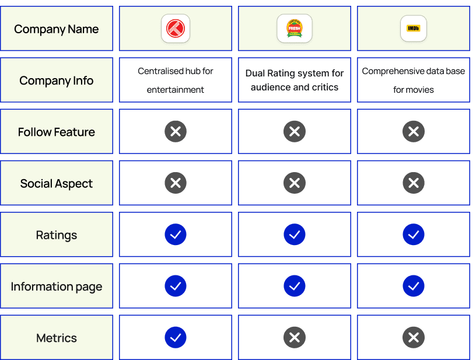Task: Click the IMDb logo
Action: point(413,28)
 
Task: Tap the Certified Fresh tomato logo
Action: point(294,28)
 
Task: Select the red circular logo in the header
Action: point(176,28)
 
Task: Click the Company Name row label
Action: point(57,29)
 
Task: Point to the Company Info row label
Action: point(57,81)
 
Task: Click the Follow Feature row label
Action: point(57,132)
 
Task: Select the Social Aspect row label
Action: point(57,184)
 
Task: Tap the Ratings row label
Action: point(57,235)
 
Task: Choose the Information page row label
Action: point(57,286)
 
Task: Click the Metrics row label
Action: point(57,338)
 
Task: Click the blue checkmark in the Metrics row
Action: point(176,337)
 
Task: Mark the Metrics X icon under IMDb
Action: point(414,337)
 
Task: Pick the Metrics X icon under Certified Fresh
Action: point(295,337)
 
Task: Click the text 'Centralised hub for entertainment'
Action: point(176,80)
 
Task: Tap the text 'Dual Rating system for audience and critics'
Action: point(295,80)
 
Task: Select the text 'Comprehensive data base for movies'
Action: point(414,80)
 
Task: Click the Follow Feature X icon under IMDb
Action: point(414,131)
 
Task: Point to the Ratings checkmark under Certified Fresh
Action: point(295,235)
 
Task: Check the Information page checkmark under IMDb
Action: point(414,286)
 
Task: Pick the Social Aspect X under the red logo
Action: point(176,183)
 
